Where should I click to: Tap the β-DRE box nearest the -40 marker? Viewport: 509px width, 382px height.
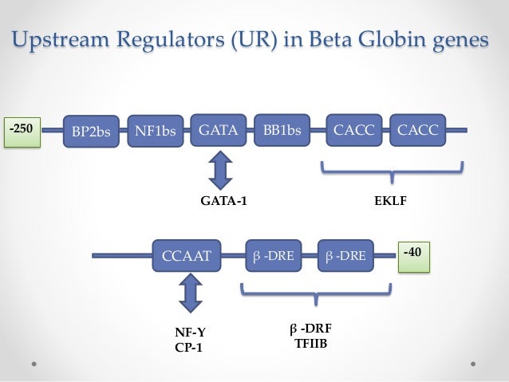coord(346,255)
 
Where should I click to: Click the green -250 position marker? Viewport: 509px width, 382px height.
coord(21,130)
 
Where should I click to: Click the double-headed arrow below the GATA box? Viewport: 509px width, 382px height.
coord(219,171)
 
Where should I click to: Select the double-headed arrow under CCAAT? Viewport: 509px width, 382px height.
coord(190,293)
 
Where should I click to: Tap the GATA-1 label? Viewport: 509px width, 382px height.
coord(223,202)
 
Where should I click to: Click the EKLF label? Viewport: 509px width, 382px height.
coord(390,202)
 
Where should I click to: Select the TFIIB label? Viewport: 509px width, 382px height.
coord(311,344)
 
